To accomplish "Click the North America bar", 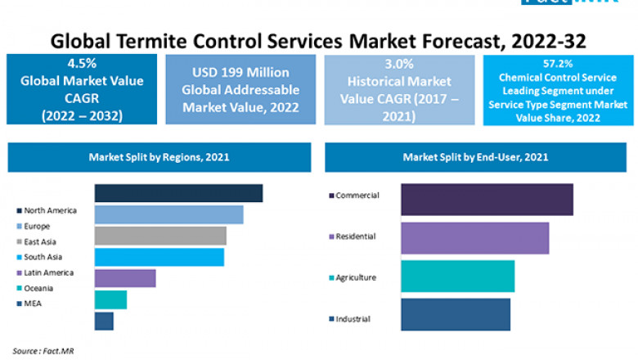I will (x=178, y=193).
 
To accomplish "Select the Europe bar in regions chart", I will (x=168, y=214).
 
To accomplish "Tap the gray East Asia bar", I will (x=160, y=236).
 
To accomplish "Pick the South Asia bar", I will (x=159, y=257).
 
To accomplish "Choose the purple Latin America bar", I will (x=125, y=278).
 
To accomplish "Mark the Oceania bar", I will (x=110, y=299).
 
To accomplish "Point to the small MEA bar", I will (x=104, y=321).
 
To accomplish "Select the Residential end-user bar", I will (x=474, y=238).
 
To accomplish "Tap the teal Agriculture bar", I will (x=457, y=277).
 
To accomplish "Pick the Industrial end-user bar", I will (x=456, y=314).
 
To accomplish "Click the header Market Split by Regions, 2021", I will (x=159, y=156).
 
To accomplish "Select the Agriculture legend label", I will (x=356, y=277).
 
